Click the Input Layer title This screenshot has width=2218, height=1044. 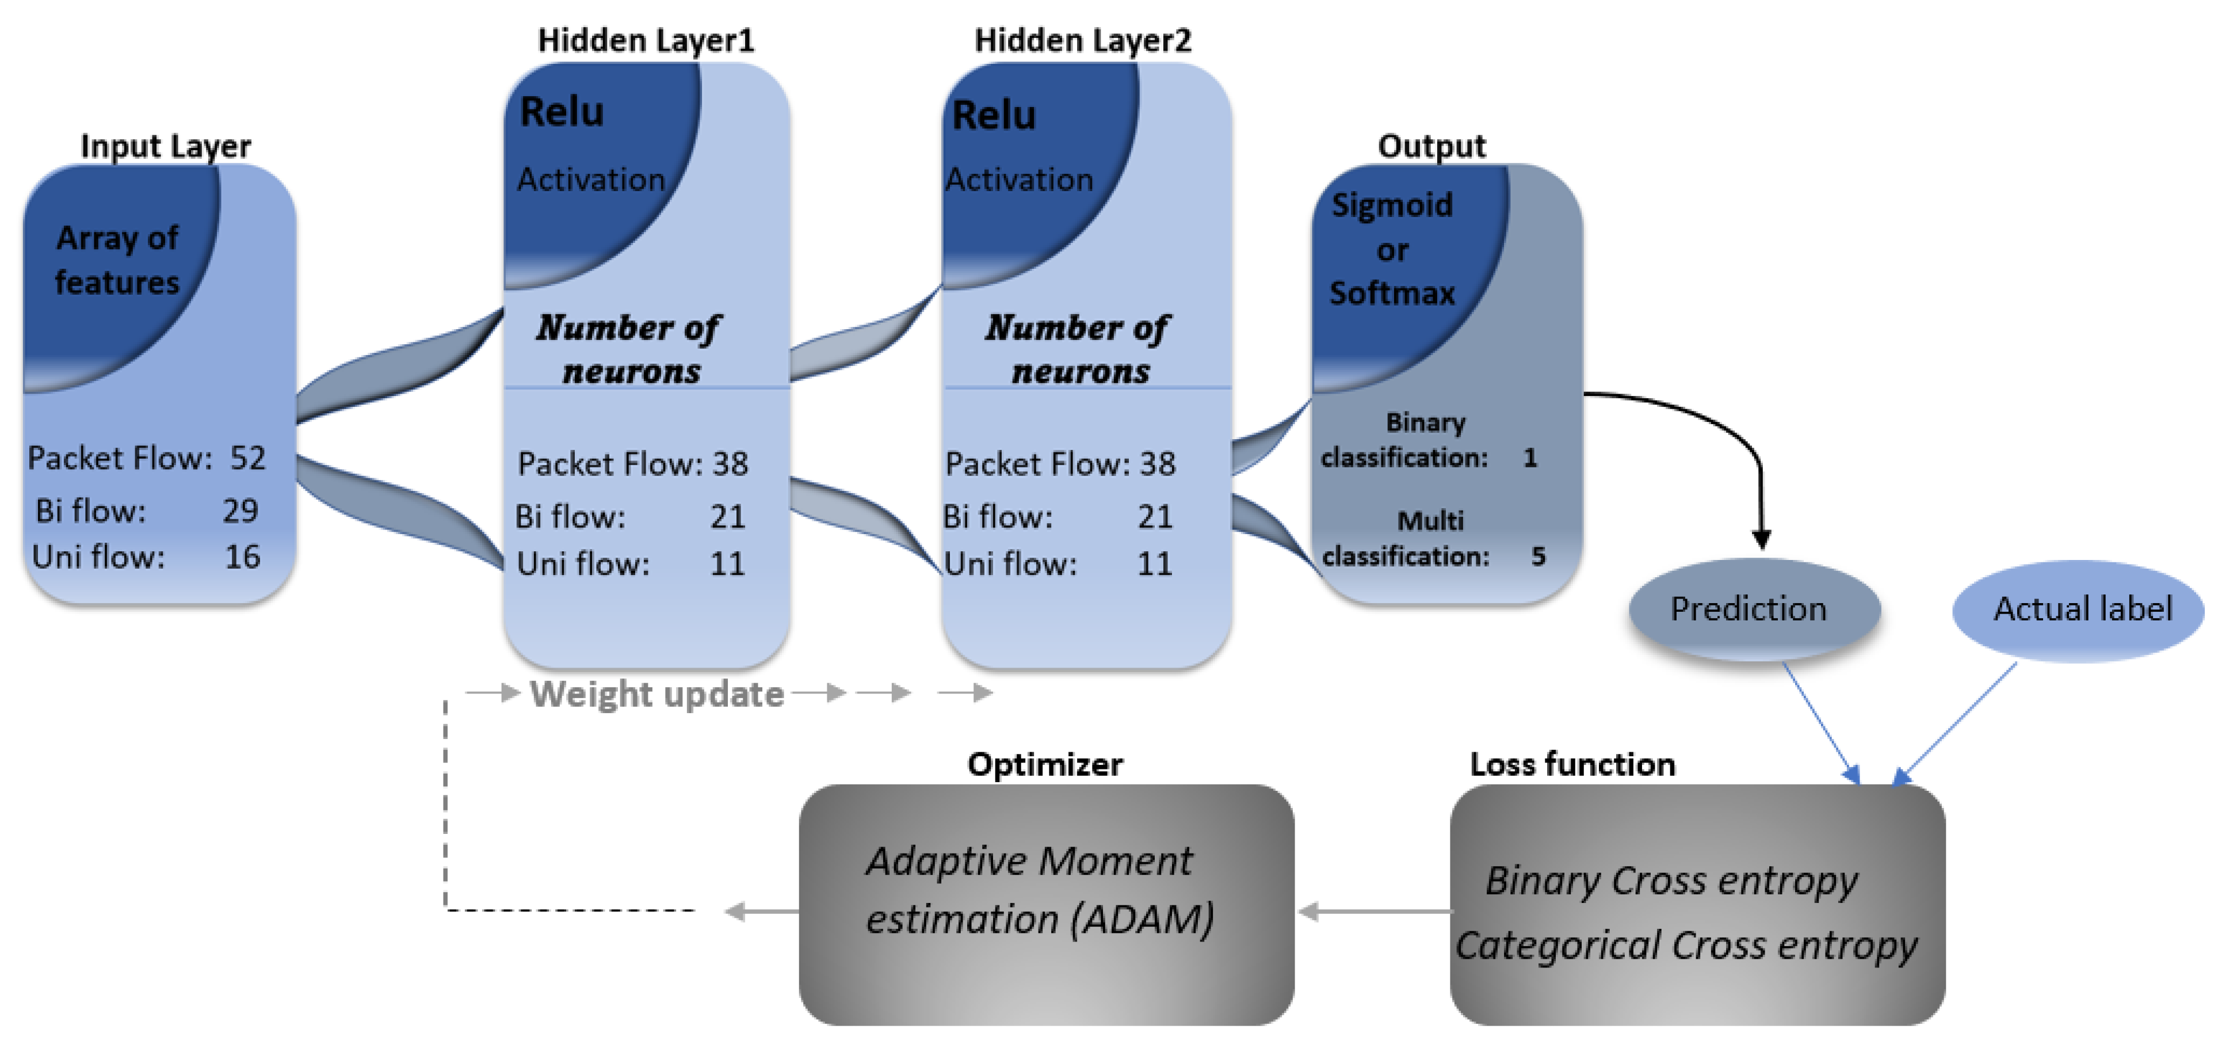165,146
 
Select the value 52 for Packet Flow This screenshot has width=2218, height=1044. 248,458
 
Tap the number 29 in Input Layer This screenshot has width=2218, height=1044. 240,511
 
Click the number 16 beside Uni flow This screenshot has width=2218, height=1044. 242,557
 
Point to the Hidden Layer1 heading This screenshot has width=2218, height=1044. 646,40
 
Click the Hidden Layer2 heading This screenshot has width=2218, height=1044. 1082,40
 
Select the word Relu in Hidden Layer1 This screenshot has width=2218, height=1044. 562,112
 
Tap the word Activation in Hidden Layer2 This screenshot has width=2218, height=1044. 1020,180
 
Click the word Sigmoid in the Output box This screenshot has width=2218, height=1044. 1391,205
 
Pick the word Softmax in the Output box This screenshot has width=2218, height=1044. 1391,293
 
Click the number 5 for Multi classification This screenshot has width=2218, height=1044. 1538,557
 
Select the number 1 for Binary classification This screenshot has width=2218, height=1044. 1529,458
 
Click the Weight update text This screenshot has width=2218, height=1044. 656,694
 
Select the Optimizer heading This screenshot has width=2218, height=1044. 1044,764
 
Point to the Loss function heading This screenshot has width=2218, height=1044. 1572,764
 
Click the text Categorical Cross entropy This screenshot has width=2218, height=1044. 1686,946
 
